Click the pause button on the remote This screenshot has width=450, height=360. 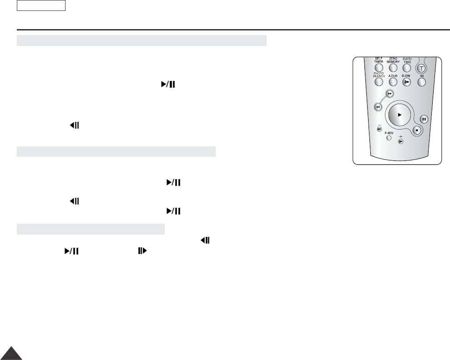(424, 119)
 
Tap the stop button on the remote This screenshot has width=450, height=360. (417, 130)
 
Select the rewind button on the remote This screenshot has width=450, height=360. (378, 107)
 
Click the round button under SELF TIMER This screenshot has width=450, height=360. (379, 68)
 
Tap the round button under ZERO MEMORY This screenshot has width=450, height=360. (393, 68)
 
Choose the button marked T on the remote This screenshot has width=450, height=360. (421, 68)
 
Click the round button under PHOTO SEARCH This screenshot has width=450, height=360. (379, 82)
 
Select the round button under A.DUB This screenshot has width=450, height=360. (393, 82)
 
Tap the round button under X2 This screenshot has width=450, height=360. (422, 82)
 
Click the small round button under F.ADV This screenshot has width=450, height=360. (389, 138)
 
